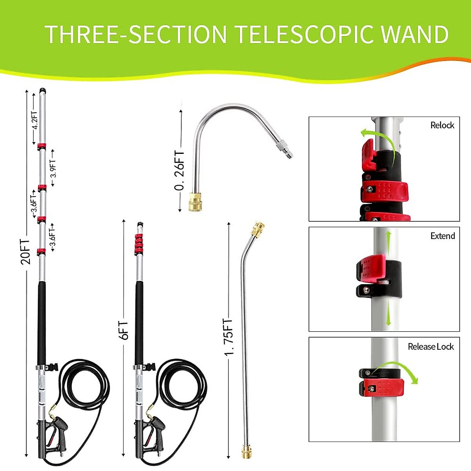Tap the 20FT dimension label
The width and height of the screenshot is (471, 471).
(x=26, y=252)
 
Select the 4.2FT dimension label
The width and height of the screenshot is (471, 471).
(x=35, y=120)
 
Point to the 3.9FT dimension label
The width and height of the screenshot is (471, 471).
(x=53, y=168)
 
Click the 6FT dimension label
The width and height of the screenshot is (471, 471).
(x=124, y=330)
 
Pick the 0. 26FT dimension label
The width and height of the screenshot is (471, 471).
(x=179, y=170)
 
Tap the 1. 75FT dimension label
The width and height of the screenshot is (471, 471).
(x=229, y=337)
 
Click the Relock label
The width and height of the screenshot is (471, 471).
(x=442, y=125)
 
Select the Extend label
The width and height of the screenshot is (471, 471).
(x=442, y=236)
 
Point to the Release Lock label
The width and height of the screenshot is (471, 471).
(x=431, y=347)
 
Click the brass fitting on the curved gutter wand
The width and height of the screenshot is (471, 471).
(x=195, y=202)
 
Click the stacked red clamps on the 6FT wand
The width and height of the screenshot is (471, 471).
(x=139, y=244)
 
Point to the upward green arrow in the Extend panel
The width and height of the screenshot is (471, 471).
(x=389, y=241)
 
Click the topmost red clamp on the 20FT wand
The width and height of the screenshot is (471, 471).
(x=42, y=147)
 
